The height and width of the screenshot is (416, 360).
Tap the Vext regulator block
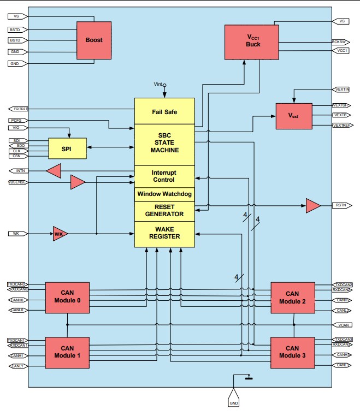[294, 115]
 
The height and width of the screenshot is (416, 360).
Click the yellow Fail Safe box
[164, 111]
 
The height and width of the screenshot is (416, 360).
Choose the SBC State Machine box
[164, 144]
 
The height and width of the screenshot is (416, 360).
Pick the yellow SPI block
[67, 148]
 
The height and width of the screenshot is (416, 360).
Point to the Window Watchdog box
[164, 194]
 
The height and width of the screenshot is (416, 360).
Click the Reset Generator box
[164, 211]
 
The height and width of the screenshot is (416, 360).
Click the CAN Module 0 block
[67, 298]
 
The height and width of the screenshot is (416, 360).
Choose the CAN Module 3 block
[292, 352]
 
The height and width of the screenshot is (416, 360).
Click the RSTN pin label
[341, 206]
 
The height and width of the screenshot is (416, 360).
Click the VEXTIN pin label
[341, 88]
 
